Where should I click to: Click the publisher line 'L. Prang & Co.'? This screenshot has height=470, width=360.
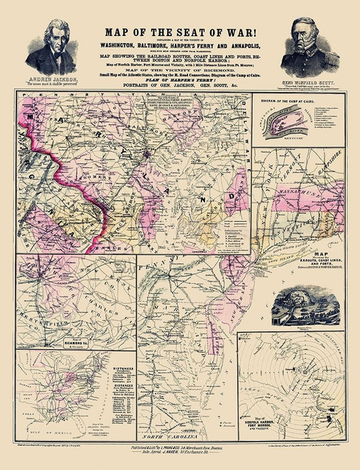173,447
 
